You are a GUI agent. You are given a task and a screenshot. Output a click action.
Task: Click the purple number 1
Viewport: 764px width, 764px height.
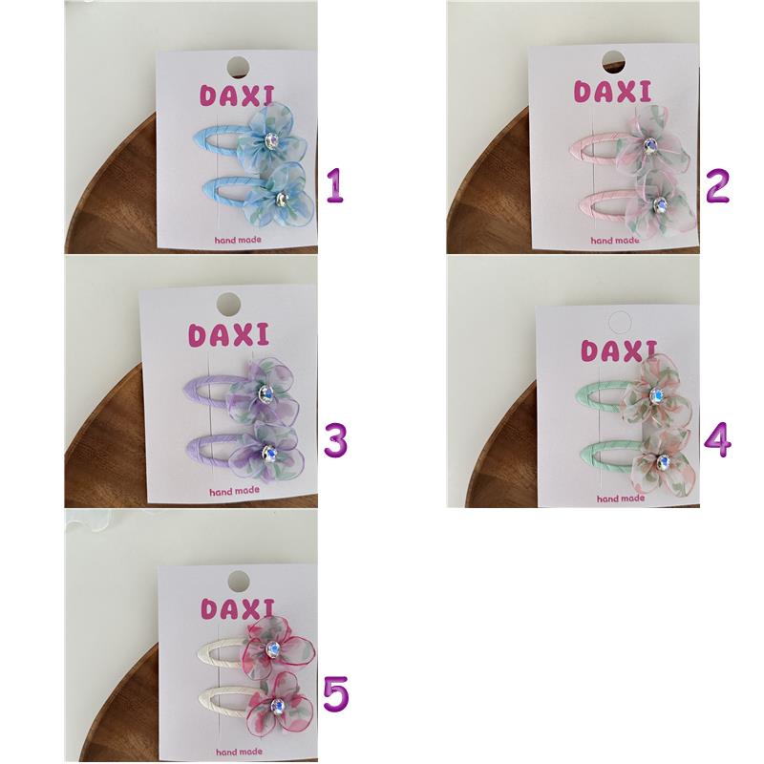[335, 185]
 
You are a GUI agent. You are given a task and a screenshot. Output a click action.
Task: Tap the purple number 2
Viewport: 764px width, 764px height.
[717, 185]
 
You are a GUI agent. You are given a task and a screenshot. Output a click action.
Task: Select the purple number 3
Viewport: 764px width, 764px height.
[335, 440]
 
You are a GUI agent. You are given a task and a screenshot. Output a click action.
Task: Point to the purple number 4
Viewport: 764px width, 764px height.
[718, 440]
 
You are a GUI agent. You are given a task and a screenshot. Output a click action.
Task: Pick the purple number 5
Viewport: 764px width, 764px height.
[336, 694]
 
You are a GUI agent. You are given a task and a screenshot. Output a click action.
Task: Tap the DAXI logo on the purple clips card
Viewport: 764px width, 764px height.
[228, 335]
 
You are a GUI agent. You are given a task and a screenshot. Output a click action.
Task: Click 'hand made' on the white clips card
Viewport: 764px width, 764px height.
[239, 752]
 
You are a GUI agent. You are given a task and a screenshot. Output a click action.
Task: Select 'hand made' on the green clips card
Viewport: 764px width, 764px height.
[620, 499]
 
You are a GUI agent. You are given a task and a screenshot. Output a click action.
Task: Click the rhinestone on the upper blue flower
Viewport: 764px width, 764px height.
[270, 140]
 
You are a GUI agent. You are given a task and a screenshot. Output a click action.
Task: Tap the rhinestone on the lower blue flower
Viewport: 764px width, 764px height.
[281, 198]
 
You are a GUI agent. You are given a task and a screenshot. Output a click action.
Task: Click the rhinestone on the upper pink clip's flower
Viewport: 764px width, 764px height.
[648, 145]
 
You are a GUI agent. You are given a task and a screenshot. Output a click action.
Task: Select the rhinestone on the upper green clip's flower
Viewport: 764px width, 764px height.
[656, 395]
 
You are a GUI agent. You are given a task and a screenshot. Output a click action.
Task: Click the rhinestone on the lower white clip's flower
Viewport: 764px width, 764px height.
[278, 706]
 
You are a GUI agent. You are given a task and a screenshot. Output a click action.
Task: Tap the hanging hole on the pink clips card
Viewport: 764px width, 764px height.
[613, 62]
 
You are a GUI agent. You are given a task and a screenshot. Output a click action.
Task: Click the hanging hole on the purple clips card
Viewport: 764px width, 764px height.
[228, 304]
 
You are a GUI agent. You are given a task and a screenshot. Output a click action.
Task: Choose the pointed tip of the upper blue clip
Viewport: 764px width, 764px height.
[196, 136]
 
